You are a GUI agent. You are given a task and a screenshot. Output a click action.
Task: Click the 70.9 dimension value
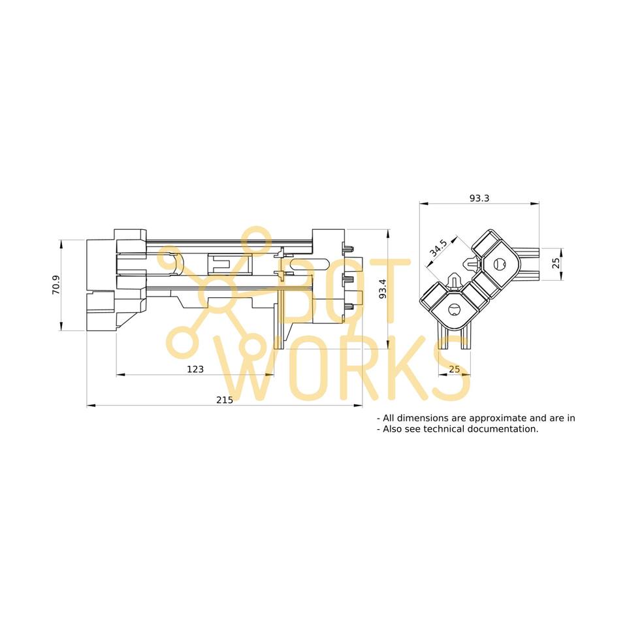(56, 285)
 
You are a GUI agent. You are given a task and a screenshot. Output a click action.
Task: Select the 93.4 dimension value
(383, 288)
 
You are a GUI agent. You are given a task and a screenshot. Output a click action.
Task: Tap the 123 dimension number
(195, 369)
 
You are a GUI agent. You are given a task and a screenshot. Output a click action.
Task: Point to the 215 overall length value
(224, 400)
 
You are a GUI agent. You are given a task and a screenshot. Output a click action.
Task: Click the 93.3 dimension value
(479, 198)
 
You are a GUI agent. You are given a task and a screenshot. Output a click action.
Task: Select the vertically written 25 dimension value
(556, 264)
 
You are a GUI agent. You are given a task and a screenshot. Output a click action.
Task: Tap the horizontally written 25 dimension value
(455, 369)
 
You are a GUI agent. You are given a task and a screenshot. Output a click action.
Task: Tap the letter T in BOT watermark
(387, 291)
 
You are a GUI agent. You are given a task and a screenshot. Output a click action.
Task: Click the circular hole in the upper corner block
(500, 264)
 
